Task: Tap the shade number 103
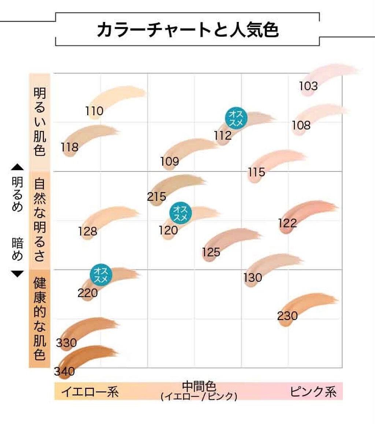(x=308, y=86)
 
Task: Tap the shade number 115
(x=256, y=172)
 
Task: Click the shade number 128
(x=88, y=231)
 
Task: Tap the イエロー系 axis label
(x=90, y=392)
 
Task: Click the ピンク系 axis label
(x=313, y=392)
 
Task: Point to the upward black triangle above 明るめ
(x=17, y=168)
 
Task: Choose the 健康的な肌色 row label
(x=39, y=318)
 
